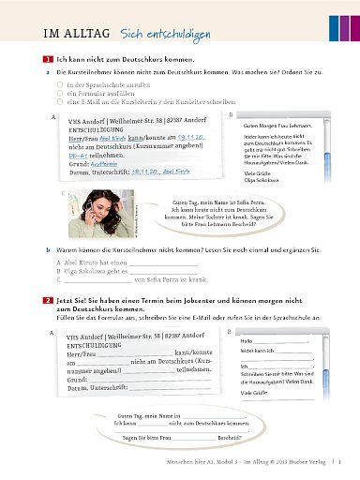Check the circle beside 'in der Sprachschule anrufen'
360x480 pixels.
58,82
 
